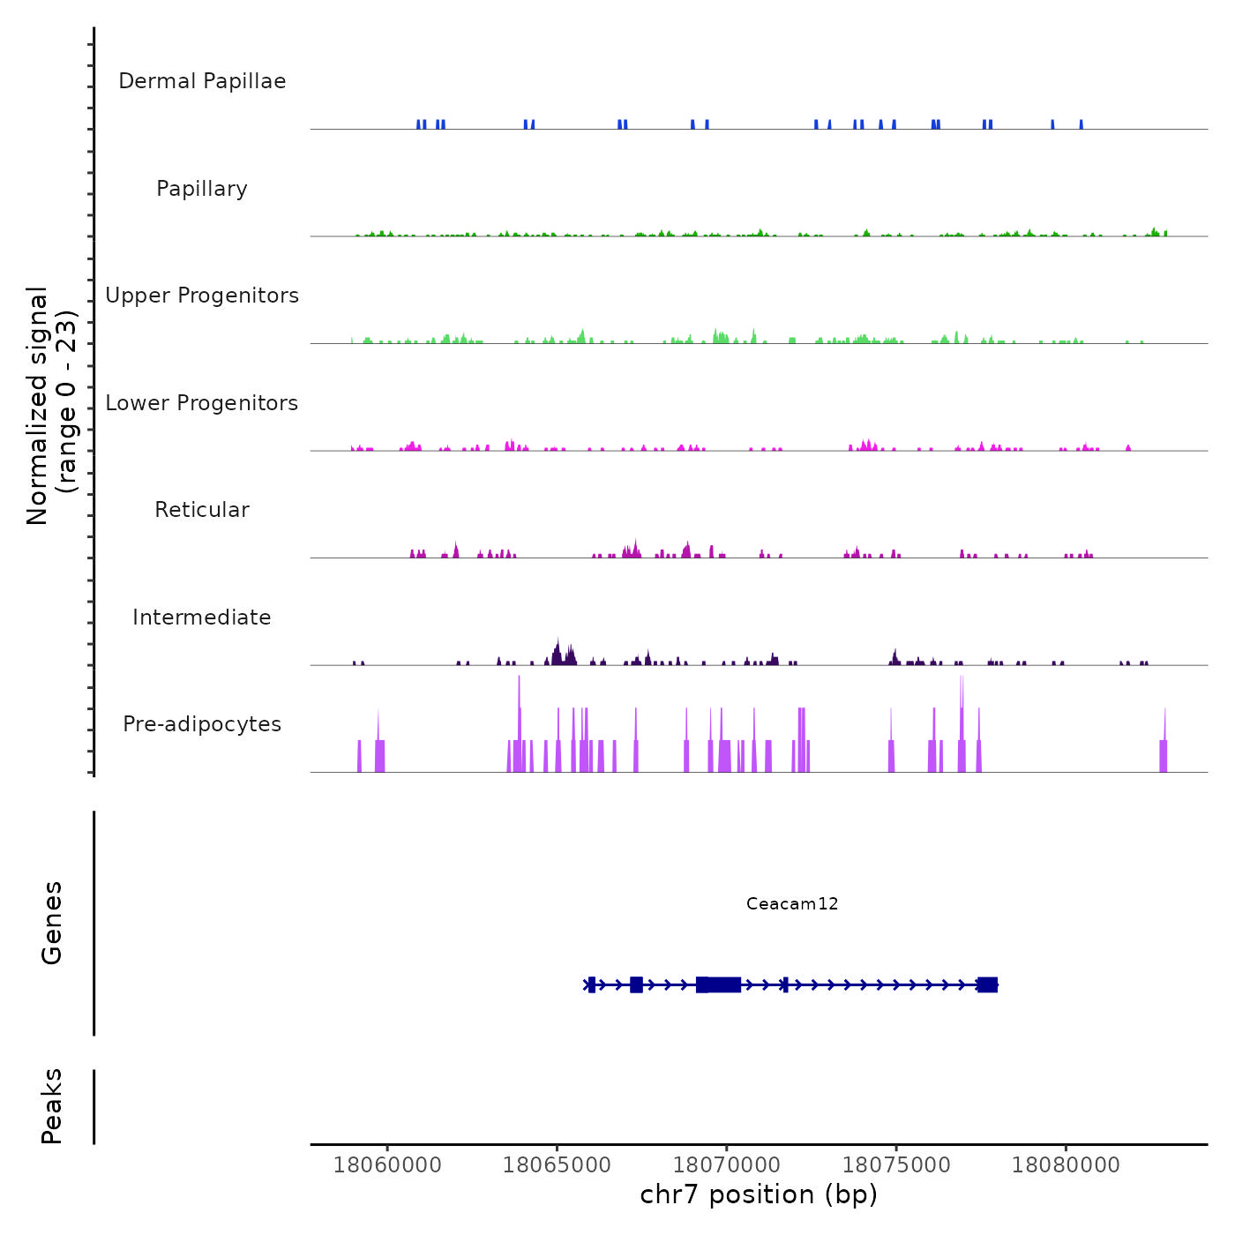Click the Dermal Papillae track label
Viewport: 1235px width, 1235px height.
(202, 81)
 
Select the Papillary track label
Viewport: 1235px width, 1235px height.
(202, 189)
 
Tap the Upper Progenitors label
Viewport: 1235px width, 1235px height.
(202, 296)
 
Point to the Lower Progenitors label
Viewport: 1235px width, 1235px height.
(202, 403)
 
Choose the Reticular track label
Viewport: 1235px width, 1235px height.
(202, 510)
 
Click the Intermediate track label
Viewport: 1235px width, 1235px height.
(202, 617)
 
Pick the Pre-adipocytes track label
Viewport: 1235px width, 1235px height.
(202, 724)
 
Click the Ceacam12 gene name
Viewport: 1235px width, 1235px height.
(792, 903)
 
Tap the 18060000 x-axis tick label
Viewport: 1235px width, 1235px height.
(387, 1165)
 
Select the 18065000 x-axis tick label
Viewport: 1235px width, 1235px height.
(557, 1165)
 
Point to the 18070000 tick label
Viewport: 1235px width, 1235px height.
(726, 1165)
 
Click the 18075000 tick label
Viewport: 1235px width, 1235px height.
(896, 1165)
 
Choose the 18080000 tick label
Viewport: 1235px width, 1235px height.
(1066, 1165)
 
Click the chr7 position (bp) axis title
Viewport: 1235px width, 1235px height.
(759, 1194)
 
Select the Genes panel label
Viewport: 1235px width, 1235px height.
(52, 923)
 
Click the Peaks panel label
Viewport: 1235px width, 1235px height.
(52, 1106)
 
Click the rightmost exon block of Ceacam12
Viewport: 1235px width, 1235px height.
(987, 984)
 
